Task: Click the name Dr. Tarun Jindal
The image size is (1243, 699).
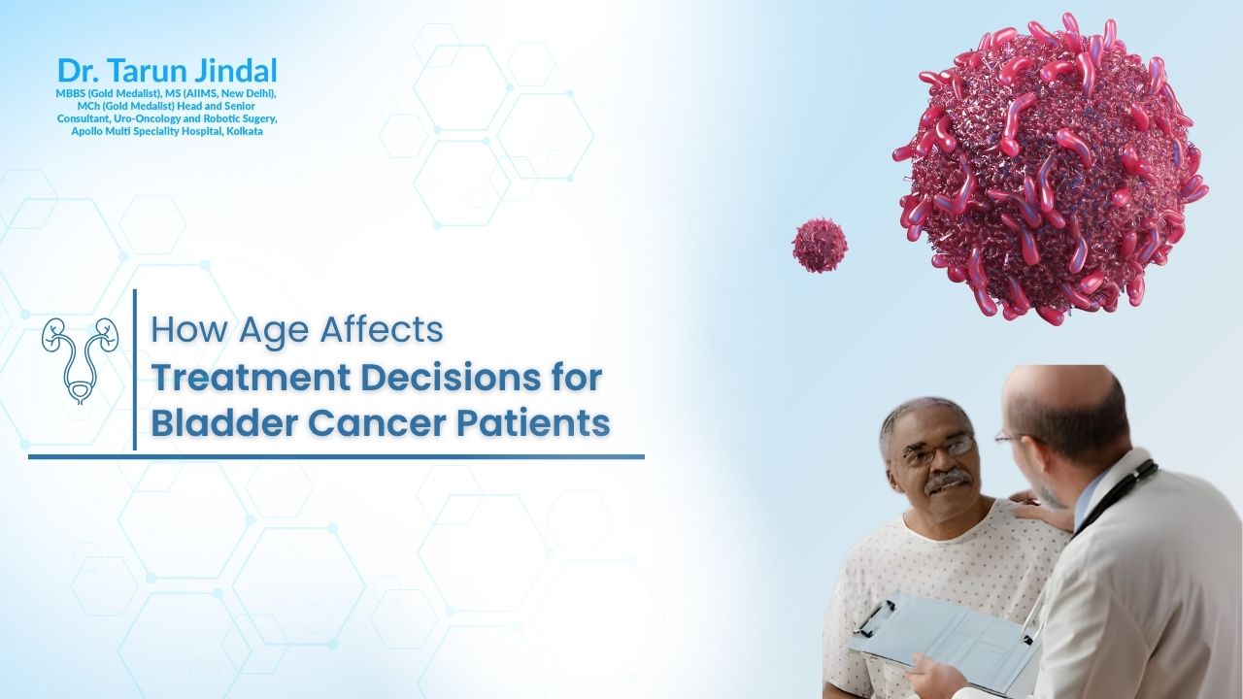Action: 167,71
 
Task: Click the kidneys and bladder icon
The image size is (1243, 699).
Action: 80,360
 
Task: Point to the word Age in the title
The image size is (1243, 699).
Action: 274,331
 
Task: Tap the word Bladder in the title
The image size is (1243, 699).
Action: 225,423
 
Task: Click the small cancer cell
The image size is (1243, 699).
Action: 820,246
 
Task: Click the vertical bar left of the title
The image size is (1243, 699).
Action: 135,370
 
